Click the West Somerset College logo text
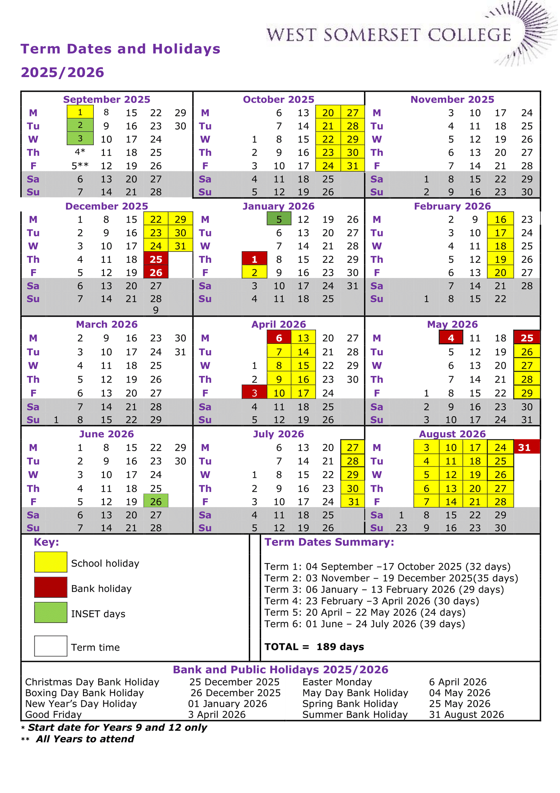388,35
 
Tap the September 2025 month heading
106,100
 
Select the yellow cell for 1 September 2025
80,112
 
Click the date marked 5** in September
80,166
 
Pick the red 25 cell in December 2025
156,259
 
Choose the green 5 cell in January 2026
279,219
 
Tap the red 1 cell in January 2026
254,259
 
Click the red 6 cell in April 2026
279,338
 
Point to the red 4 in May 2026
451,338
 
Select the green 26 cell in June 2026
156,502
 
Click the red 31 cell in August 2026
526,447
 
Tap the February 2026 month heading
452,206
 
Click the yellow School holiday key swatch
50,562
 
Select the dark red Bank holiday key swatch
50,587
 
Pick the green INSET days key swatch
50,613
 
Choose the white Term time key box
50,646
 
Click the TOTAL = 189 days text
314,647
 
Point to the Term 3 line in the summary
384,590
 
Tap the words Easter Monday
337,682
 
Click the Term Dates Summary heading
329,542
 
